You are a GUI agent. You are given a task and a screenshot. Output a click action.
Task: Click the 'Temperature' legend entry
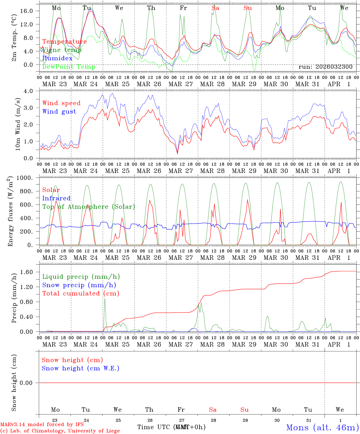[x=65, y=42]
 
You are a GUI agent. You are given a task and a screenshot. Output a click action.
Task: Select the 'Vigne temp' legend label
[x=62, y=50]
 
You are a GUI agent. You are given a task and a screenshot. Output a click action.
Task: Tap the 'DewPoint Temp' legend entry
[x=69, y=67]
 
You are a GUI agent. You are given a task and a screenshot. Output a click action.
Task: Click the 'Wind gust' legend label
[x=59, y=112]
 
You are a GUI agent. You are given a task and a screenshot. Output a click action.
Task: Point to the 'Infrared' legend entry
[x=56, y=198]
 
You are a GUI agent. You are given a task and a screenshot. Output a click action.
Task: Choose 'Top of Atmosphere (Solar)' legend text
[x=89, y=207]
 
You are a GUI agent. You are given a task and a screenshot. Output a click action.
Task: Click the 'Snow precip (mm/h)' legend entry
[x=79, y=285]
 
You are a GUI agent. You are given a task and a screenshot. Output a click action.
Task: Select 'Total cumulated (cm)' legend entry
[x=81, y=293]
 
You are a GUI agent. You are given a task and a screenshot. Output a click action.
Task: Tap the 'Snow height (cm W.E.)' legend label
[x=81, y=368]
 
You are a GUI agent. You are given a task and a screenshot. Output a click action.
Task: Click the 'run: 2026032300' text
[x=325, y=67]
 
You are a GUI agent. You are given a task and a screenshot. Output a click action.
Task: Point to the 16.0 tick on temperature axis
[x=28, y=11]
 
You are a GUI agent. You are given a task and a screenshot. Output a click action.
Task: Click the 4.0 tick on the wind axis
[x=30, y=91]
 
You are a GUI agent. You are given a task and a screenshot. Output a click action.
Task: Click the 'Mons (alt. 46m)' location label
[x=322, y=427]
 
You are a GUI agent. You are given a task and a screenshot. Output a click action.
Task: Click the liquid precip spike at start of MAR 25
[x=105, y=298]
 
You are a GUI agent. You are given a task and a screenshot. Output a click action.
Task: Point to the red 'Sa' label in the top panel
[x=215, y=8]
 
